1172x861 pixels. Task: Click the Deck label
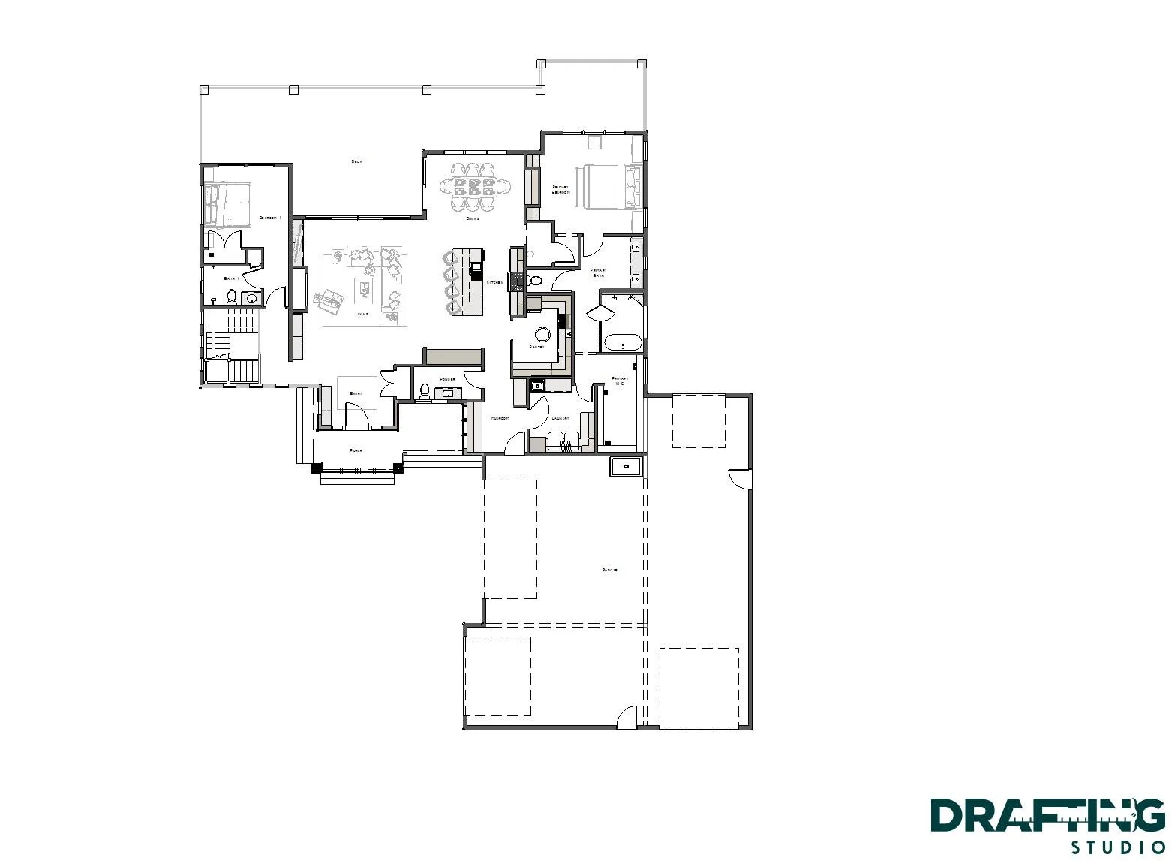pyautogui.click(x=356, y=161)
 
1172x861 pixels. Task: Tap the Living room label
pyautogui.click(x=362, y=314)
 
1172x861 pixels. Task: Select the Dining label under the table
pyautogui.click(x=473, y=218)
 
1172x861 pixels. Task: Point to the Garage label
pyautogui.click(x=609, y=570)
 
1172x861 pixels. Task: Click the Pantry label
pyautogui.click(x=536, y=347)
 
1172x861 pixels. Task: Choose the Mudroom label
pyautogui.click(x=500, y=418)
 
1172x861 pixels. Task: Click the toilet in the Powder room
pyautogui.click(x=425, y=391)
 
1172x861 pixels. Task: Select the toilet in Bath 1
pyautogui.click(x=232, y=297)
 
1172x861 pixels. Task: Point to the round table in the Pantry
pyautogui.click(x=542, y=333)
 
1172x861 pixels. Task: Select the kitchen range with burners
pyautogui.click(x=517, y=281)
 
